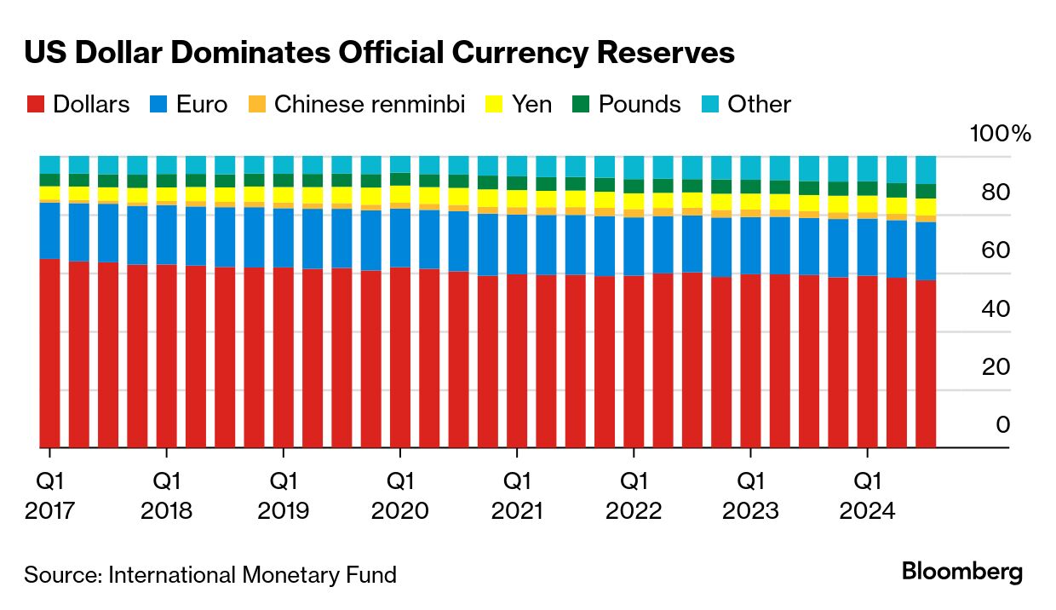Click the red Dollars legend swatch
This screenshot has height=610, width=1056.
pyautogui.click(x=35, y=105)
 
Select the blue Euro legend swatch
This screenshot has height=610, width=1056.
pyautogui.click(x=158, y=105)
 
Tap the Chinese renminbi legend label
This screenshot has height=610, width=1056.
pyautogui.click(x=370, y=105)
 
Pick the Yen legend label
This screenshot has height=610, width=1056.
pyautogui.click(x=531, y=105)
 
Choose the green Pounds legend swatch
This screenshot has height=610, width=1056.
pyautogui.click(x=581, y=105)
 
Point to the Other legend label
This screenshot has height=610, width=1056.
pyautogui.click(x=759, y=105)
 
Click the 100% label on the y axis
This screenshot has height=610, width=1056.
pyautogui.click(x=1000, y=135)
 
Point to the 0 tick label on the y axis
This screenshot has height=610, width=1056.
pyautogui.click(x=1002, y=424)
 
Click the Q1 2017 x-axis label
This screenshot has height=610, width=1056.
pyautogui.click(x=50, y=496)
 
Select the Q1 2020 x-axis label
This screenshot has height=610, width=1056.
pyautogui.click(x=400, y=496)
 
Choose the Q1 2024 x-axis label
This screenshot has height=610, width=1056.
pyautogui.click(x=867, y=496)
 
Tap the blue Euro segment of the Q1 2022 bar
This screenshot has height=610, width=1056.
pyautogui.click(x=634, y=246)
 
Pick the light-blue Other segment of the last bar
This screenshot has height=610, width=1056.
pyautogui.click(x=926, y=170)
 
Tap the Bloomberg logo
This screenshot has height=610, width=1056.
pyautogui.click(x=962, y=572)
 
